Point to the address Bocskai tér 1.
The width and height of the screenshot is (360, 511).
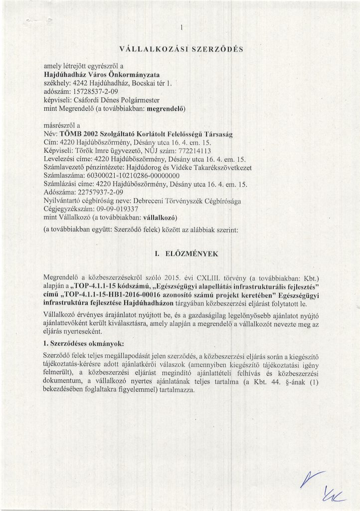152,83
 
